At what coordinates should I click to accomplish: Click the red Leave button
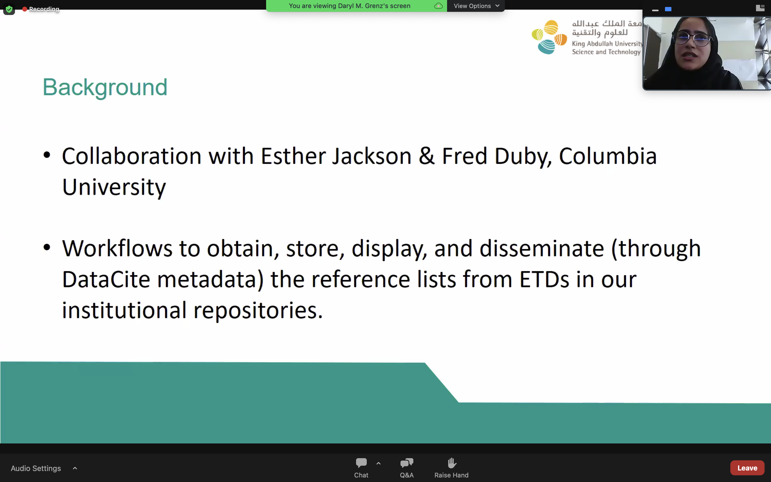click(x=747, y=468)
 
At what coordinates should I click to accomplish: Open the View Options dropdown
click(x=476, y=6)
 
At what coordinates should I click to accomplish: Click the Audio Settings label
click(x=36, y=468)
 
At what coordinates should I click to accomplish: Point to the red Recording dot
click(x=25, y=9)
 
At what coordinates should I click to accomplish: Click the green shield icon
click(x=9, y=9)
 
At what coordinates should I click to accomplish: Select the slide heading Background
click(x=105, y=87)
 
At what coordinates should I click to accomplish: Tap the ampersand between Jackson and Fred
click(x=427, y=156)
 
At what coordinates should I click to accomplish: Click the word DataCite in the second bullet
click(x=106, y=279)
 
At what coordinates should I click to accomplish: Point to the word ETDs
click(x=544, y=279)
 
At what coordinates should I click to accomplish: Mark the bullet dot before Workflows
click(x=47, y=247)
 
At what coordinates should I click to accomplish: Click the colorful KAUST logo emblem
click(x=549, y=37)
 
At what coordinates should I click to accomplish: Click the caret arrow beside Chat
click(x=379, y=463)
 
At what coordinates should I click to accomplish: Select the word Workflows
click(x=117, y=248)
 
